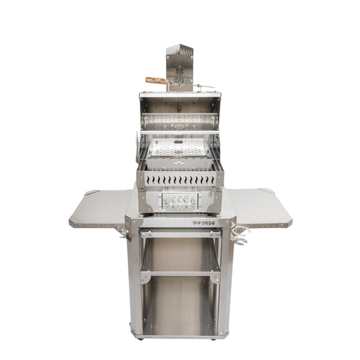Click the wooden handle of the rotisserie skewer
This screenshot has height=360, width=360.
157,80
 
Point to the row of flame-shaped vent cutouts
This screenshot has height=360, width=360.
180,180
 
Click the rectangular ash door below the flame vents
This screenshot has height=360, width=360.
180,201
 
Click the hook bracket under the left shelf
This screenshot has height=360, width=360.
122,232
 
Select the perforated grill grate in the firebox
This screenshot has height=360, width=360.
180,154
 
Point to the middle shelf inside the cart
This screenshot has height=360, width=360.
180,273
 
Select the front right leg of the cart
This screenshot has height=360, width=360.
227,284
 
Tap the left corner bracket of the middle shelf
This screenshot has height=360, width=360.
145,278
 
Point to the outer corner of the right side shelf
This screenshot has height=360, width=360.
289,220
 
